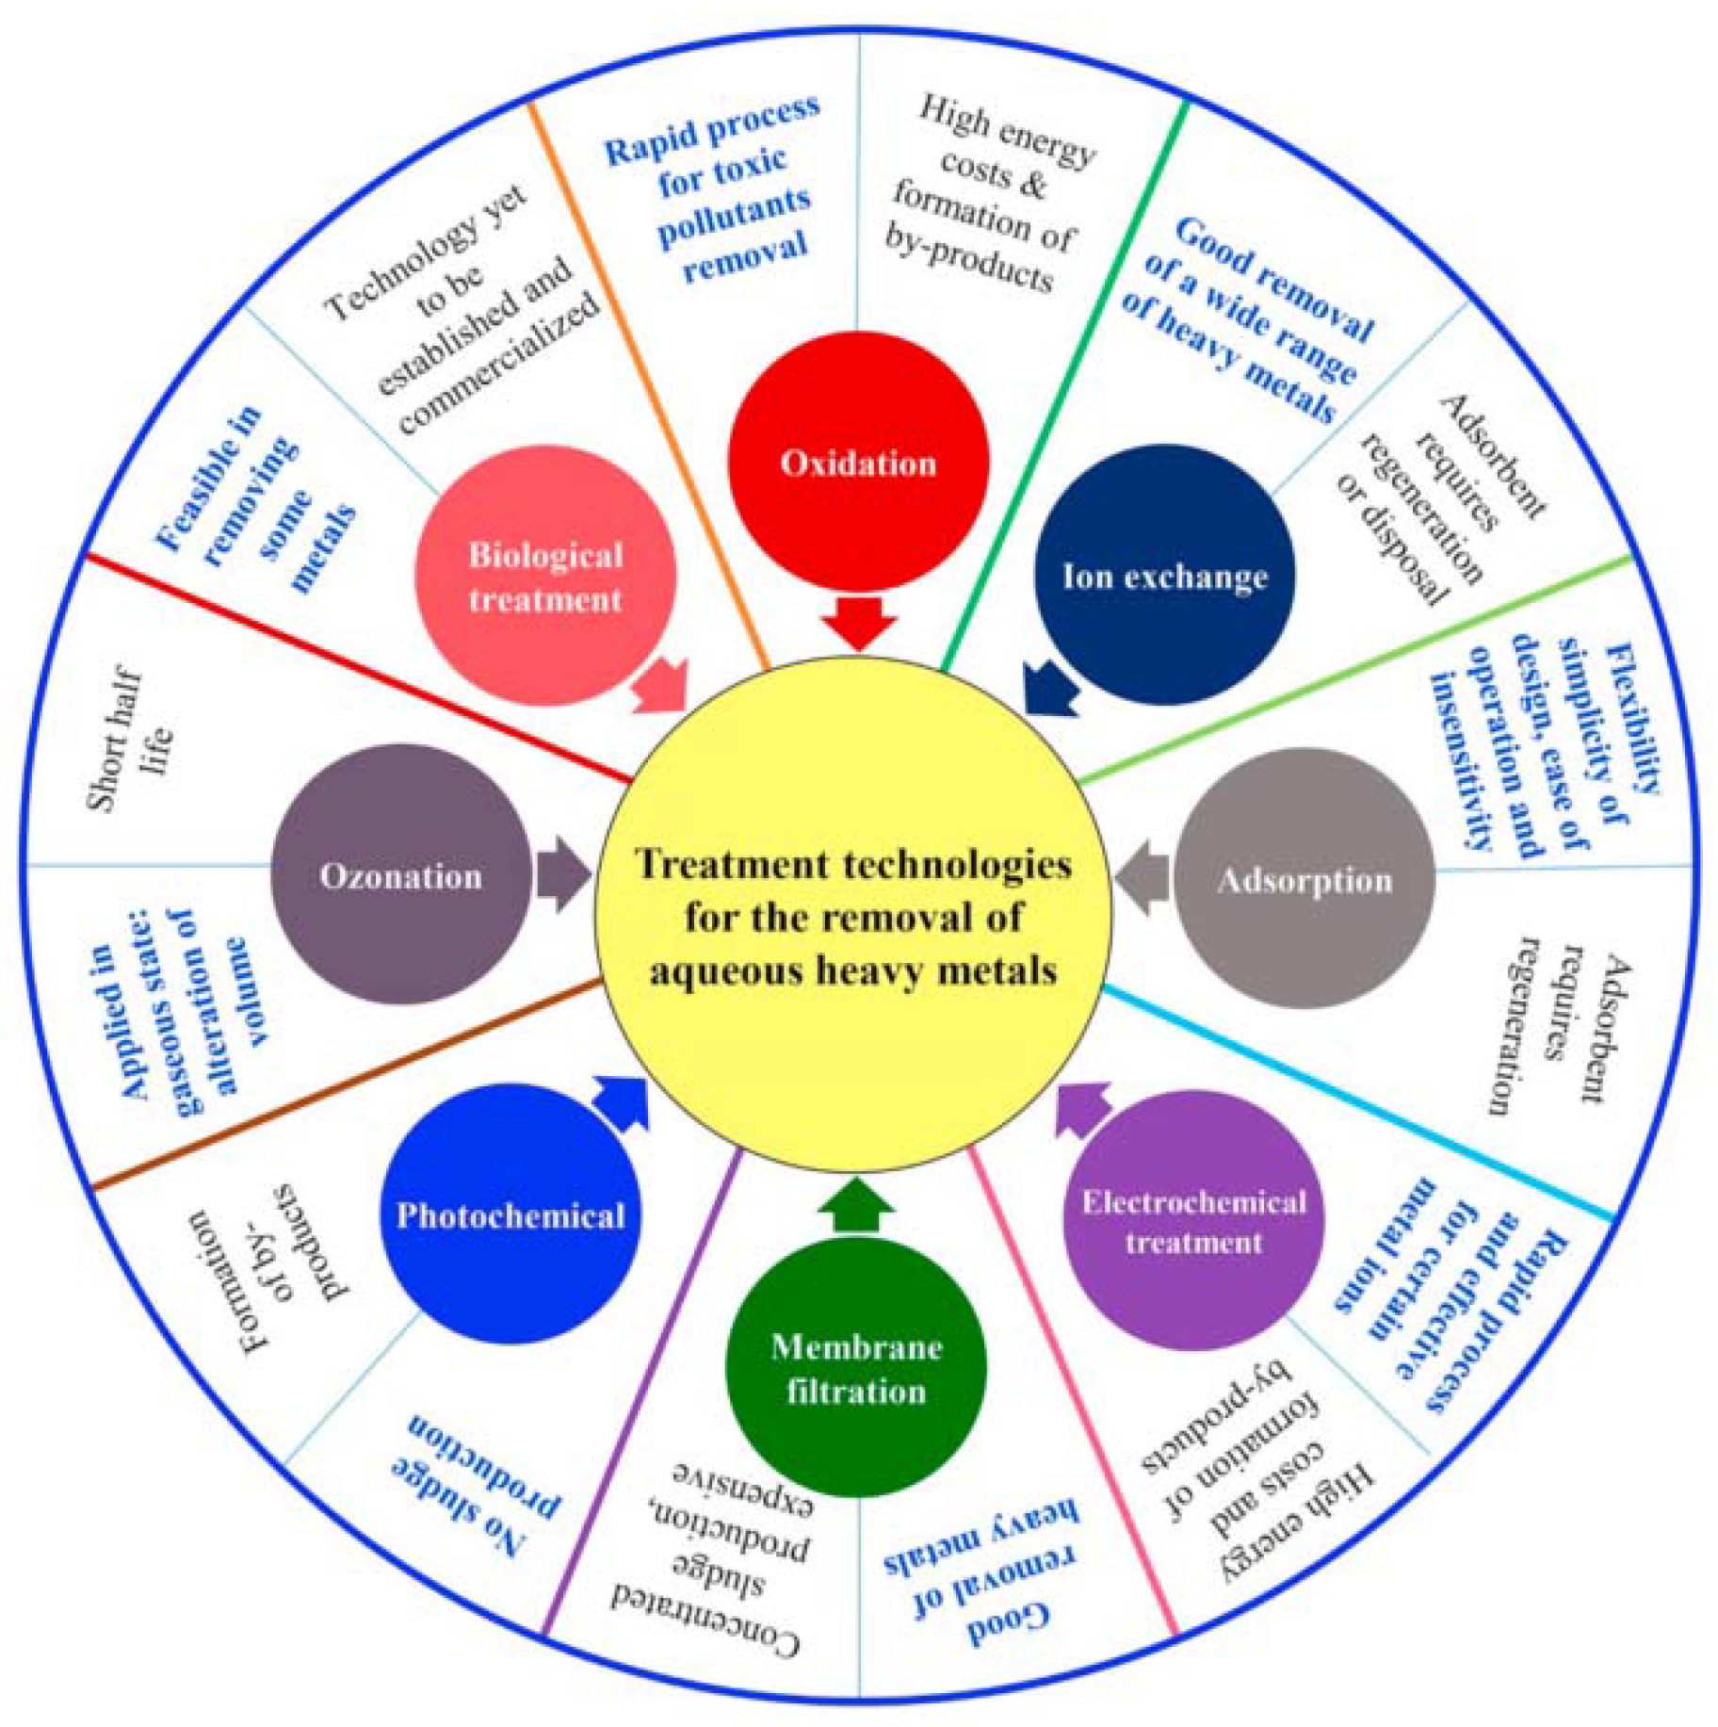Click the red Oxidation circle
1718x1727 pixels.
point(858,461)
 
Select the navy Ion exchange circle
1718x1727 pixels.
point(1164,575)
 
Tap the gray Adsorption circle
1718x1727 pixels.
point(1305,878)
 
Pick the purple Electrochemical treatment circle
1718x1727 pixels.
point(1193,1221)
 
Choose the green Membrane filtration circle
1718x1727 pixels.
point(856,1367)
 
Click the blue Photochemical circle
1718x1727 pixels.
point(511,1214)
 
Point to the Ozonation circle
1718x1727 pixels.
point(401,874)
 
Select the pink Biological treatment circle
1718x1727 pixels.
point(545,576)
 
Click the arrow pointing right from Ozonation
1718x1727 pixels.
point(563,873)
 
